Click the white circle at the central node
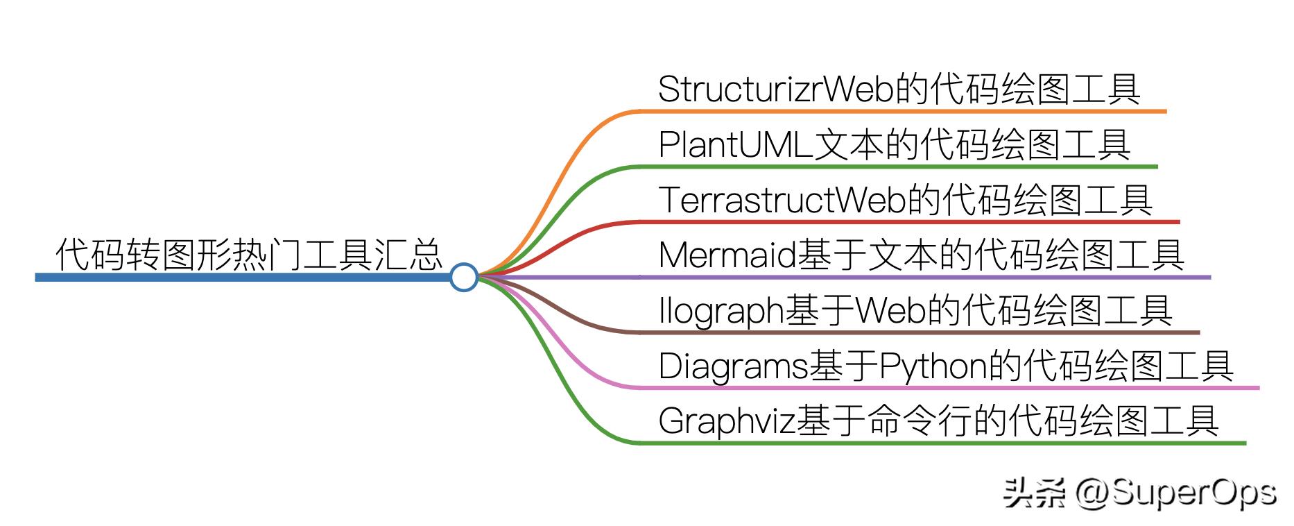pos(464,277)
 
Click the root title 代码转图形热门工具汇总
pos(248,254)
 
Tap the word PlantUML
pos(735,144)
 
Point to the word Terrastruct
pos(746,199)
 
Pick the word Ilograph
pos(721,310)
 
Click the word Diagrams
pos(733,366)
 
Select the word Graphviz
pos(727,421)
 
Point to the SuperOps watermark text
pos(1193,493)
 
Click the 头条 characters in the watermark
pos(1034,494)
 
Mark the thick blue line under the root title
pos(243,278)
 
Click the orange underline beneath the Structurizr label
pos(902,111)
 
